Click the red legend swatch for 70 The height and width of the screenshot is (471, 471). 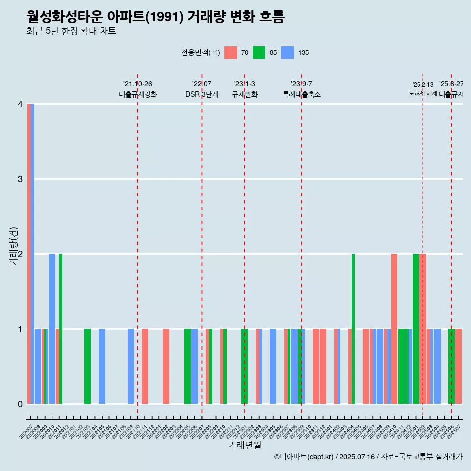(x=231, y=52)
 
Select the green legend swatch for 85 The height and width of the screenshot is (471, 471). (x=259, y=52)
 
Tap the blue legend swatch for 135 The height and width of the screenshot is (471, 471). (x=288, y=52)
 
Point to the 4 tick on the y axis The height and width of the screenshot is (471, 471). (x=20, y=104)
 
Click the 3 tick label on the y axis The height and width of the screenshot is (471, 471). (x=20, y=179)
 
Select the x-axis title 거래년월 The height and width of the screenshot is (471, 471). (x=244, y=445)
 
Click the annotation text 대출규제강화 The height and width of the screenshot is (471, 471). (x=138, y=94)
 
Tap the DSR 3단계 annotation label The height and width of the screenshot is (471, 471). (x=202, y=94)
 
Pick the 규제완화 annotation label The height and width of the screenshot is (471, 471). (x=245, y=94)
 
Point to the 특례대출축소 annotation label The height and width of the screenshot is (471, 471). (x=302, y=94)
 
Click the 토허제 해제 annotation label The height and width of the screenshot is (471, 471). (x=422, y=93)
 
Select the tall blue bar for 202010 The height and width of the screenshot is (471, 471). (x=52, y=329)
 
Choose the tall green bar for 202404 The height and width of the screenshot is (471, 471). (x=353, y=329)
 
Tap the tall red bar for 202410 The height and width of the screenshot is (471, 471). (x=394, y=329)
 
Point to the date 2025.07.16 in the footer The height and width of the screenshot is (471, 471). (x=357, y=457)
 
